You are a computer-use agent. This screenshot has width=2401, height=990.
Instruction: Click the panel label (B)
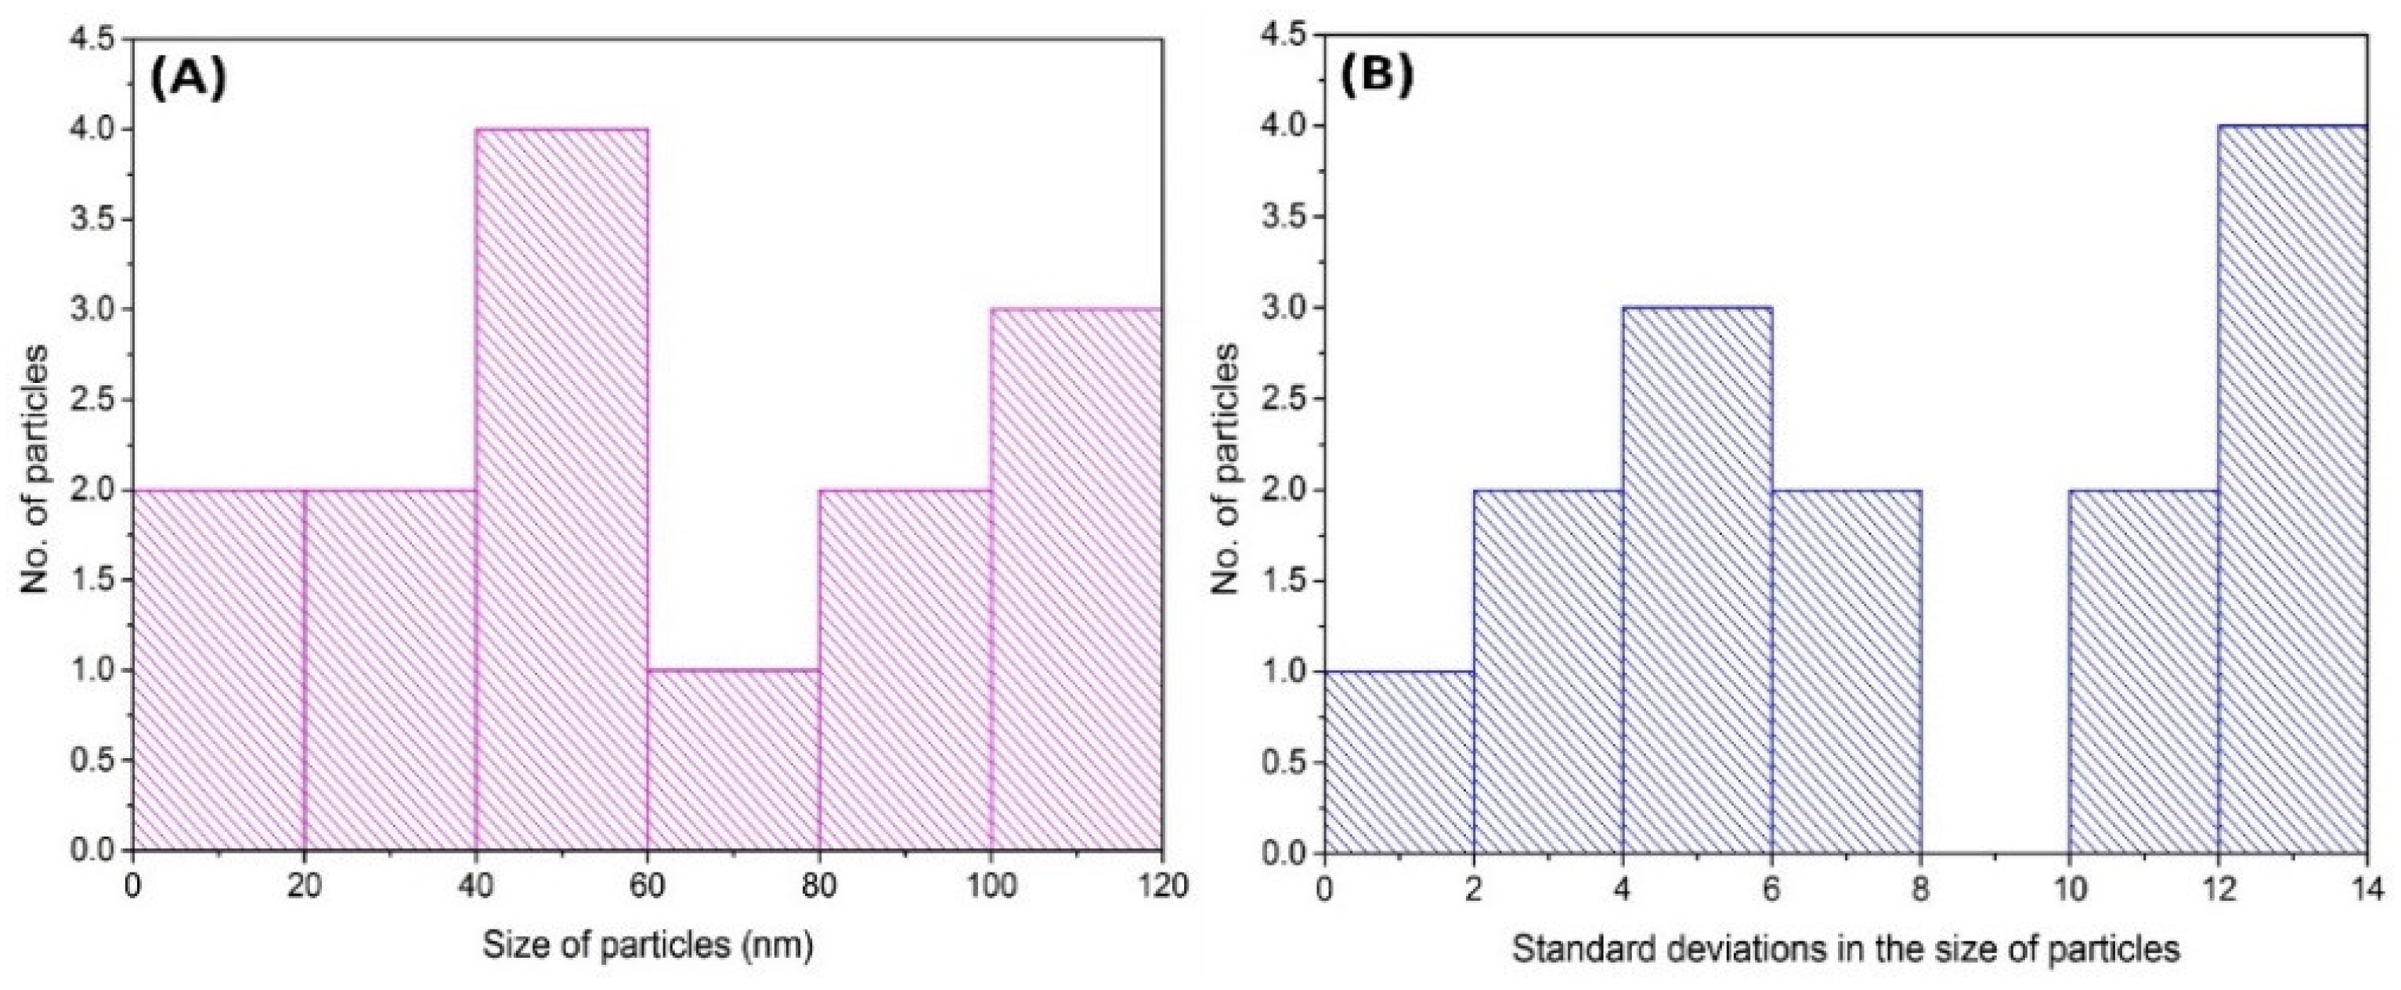tap(1377, 79)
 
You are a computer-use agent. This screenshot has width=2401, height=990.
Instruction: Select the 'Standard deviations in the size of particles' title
tap(1846, 950)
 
